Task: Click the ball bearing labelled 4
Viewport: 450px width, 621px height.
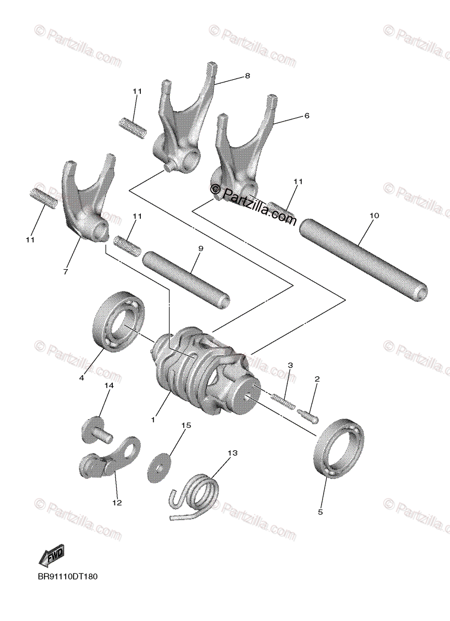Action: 118,321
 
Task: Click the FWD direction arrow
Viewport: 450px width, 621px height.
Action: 51,557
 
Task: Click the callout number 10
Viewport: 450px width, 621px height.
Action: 374,215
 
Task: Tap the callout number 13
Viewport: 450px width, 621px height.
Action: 231,453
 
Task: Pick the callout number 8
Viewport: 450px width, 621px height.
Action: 247,76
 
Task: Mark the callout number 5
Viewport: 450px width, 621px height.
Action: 320,512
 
